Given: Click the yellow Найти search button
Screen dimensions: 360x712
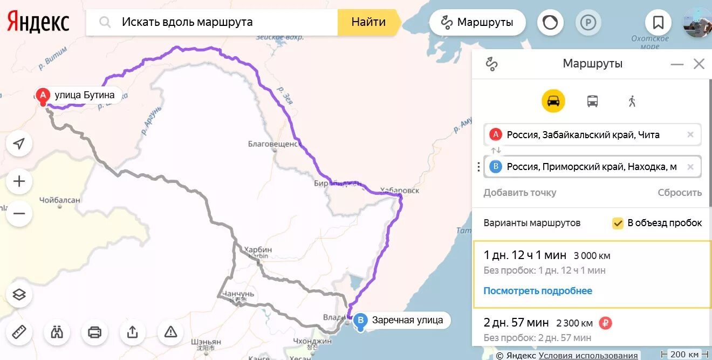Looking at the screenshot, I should coord(368,22).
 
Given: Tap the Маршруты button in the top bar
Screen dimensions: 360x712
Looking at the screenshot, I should coord(477,23).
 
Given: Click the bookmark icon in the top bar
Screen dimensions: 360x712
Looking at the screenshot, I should coord(658,23).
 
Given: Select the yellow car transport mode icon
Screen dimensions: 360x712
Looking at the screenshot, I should coord(553,101).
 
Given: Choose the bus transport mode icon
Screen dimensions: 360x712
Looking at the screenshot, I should coord(592,101).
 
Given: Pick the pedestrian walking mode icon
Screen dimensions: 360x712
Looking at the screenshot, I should coord(632,101).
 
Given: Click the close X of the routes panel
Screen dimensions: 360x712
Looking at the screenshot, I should coord(699,64).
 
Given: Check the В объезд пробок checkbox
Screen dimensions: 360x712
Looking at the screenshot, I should coord(618,223).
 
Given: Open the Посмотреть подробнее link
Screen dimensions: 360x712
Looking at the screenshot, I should coord(537,291).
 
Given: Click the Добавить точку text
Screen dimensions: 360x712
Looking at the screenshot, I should coord(519,193).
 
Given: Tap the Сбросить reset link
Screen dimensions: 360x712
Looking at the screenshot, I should coord(679,193).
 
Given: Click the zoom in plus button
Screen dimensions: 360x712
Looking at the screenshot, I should coord(19,181).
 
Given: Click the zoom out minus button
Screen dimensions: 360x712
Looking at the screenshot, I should coord(19,214).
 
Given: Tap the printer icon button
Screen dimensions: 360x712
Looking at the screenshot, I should coord(94,332).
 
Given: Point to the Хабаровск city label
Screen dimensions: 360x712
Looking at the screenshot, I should coord(399,191).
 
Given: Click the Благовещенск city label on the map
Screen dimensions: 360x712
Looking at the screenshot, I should coord(273,144).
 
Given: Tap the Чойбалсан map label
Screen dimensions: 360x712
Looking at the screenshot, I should coord(60,200).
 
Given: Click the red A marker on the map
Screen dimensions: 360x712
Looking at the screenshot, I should coord(43,96).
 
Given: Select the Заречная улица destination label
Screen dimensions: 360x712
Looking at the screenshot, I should coord(407,320).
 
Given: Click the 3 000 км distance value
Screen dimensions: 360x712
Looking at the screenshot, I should coord(592,256).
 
